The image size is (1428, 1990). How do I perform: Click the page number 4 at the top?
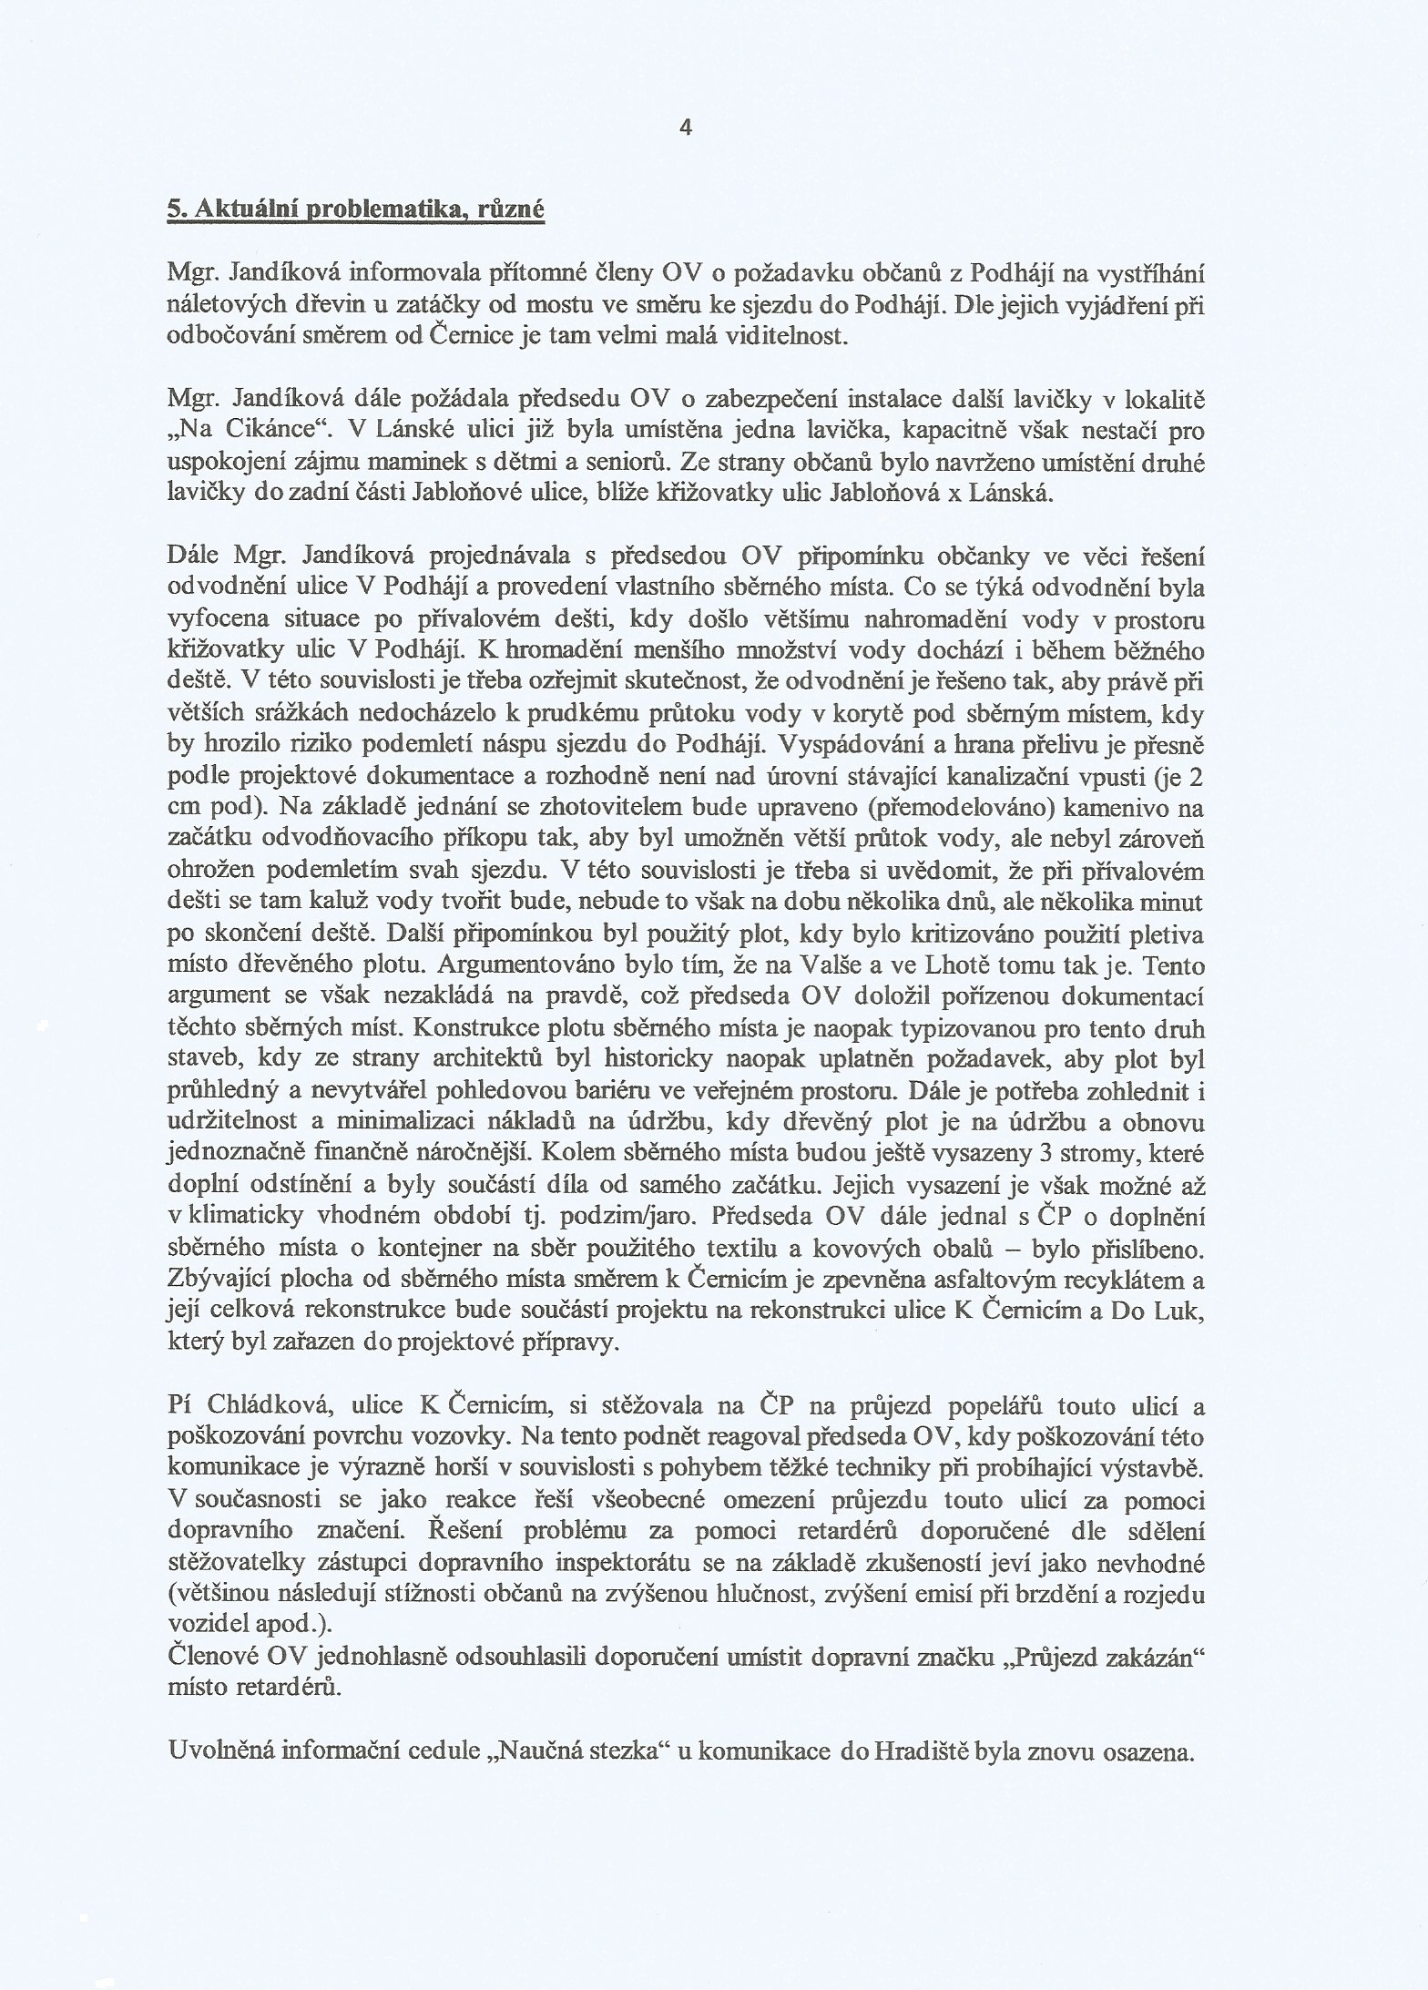(x=686, y=128)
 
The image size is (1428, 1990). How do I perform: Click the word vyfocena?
(x=216, y=620)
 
